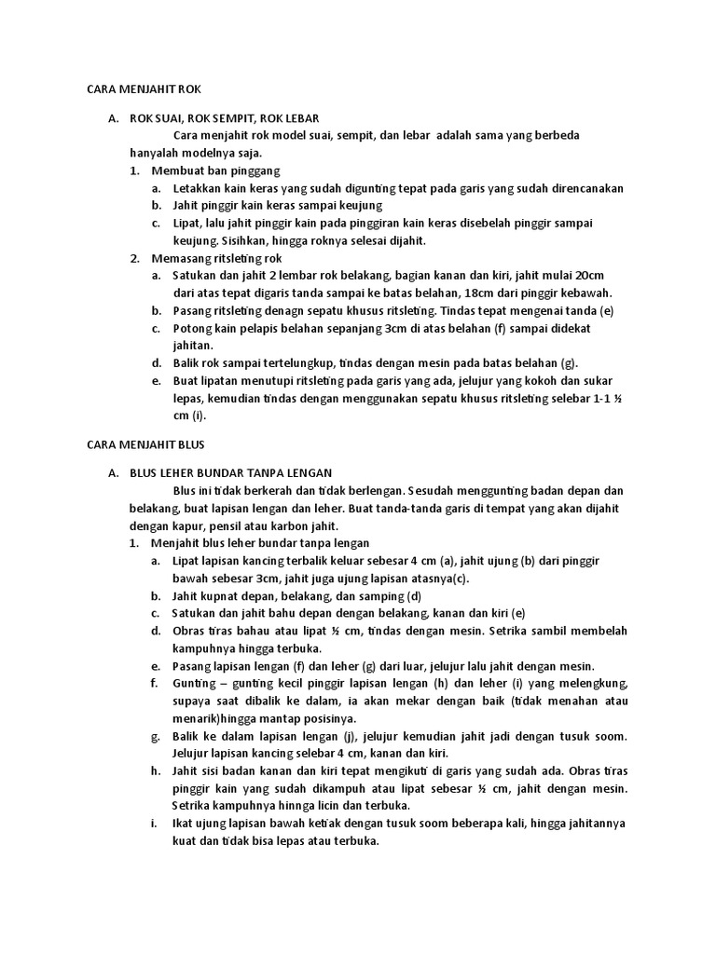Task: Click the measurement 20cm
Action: [588, 276]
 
